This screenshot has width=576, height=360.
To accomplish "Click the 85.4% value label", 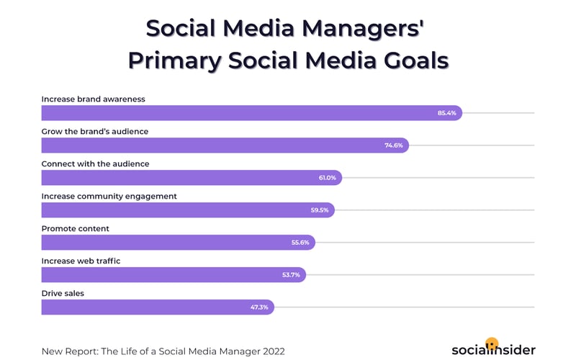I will pyautogui.click(x=446, y=113).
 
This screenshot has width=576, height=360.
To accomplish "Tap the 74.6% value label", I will pyautogui.click(x=393, y=145).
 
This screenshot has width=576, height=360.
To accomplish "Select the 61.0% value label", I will pyautogui.click(x=326, y=178).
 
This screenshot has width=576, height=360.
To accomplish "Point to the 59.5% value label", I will pyautogui.click(x=319, y=210).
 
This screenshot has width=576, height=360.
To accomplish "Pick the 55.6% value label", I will pyautogui.click(x=300, y=243).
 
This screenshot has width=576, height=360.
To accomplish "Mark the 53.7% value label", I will pyautogui.click(x=291, y=275).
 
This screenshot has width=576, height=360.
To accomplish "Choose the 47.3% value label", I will pyautogui.click(x=259, y=307).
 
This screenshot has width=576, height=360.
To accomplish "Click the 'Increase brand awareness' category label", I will pyautogui.click(x=94, y=99).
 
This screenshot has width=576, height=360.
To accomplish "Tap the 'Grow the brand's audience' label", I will pyautogui.click(x=95, y=131).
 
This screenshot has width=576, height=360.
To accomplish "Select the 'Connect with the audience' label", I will pyautogui.click(x=95, y=163).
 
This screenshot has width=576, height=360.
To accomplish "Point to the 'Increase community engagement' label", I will pyautogui.click(x=109, y=196).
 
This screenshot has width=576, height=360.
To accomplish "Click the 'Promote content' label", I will pyautogui.click(x=76, y=228).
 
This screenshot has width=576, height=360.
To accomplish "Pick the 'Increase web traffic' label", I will pyautogui.click(x=81, y=261).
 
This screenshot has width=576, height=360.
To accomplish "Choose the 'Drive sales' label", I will pyautogui.click(x=63, y=293).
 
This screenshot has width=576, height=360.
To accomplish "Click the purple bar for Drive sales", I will pyautogui.click(x=144, y=307).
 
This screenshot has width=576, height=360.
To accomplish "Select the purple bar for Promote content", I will pyautogui.click(x=166, y=243).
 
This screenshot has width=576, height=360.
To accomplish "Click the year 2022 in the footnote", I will pyautogui.click(x=271, y=351).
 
